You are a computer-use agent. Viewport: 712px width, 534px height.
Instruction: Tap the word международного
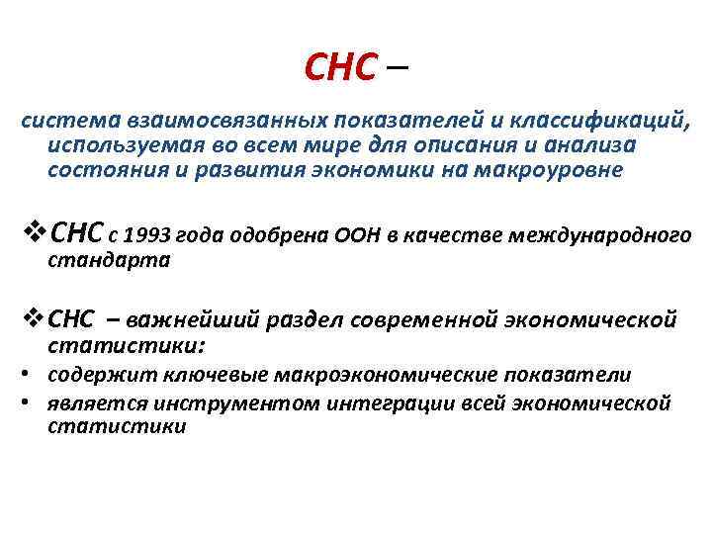pos(596,235)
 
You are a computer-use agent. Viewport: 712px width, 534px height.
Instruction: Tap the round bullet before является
pos(32,402)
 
